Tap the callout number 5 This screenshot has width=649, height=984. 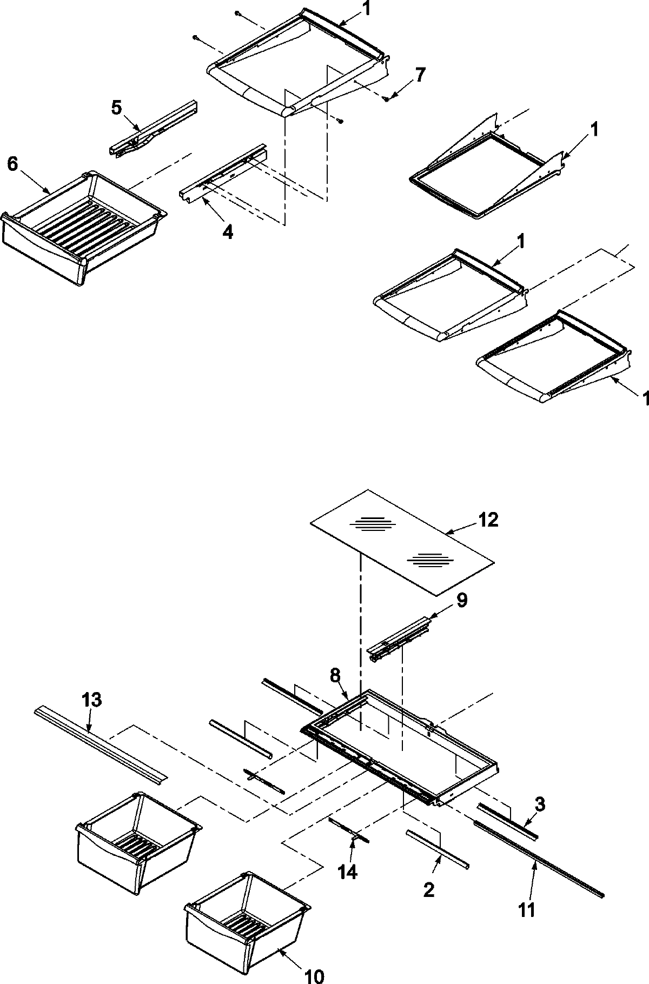coord(117,107)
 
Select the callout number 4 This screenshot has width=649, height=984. coord(228,232)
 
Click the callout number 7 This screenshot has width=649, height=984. coord(420,75)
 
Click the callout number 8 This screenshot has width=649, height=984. coord(335,675)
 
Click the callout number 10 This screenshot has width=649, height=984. coord(314,972)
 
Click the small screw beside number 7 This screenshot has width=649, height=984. coord(386,98)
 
